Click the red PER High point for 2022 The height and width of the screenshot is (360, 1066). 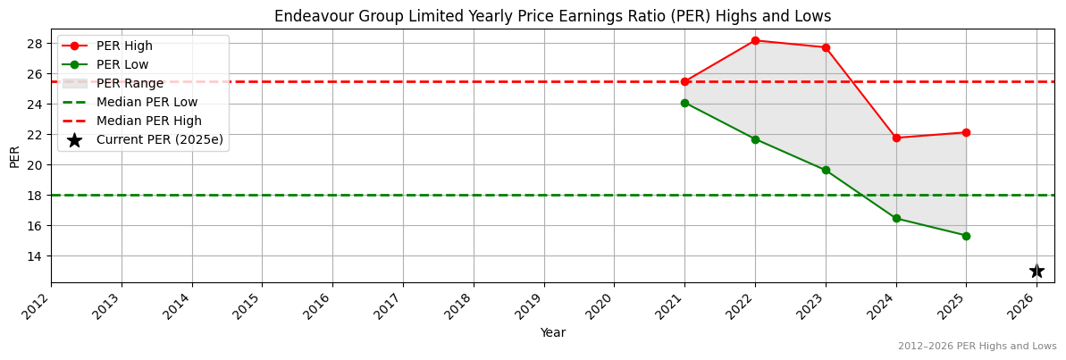point(755,40)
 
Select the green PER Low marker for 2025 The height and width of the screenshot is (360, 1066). point(966,236)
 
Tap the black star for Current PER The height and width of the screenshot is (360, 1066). point(1037,271)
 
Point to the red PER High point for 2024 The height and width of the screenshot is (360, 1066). point(896,138)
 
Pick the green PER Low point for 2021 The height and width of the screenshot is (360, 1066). point(684,103)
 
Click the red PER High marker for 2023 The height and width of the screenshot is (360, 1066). point(826,47)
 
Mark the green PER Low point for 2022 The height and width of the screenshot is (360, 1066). point(755,139)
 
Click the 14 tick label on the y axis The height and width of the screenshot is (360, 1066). point(36,255)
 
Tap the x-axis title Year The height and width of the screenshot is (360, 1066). point(552,333)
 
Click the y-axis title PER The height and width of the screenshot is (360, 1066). point(14,156)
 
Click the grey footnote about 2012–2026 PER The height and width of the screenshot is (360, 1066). point(977,346)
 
